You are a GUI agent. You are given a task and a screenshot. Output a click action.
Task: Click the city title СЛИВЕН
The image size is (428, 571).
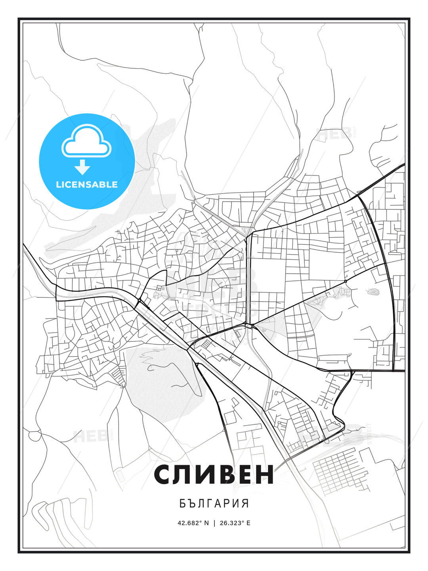(214, 475)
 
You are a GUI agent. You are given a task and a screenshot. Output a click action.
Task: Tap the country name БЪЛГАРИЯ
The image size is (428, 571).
(214, 504)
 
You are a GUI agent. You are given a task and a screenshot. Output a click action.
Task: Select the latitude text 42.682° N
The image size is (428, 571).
(193, 523)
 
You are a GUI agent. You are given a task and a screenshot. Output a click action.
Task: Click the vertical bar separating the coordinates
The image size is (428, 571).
(214, 523)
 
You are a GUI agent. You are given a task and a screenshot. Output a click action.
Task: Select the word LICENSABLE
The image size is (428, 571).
(87, 184)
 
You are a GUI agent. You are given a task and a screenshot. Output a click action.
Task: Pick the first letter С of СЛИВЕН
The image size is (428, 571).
(163, 475)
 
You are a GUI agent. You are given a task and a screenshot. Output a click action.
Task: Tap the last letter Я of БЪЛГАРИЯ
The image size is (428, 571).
(246, 504)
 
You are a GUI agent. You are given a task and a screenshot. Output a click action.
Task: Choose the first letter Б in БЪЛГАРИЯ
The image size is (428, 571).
(182, 504)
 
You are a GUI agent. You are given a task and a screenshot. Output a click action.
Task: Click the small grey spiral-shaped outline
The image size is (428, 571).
(373, 292)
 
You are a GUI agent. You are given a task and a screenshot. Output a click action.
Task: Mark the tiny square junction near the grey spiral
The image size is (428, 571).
(346, 281)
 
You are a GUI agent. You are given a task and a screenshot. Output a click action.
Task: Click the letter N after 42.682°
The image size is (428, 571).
(206, 523)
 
